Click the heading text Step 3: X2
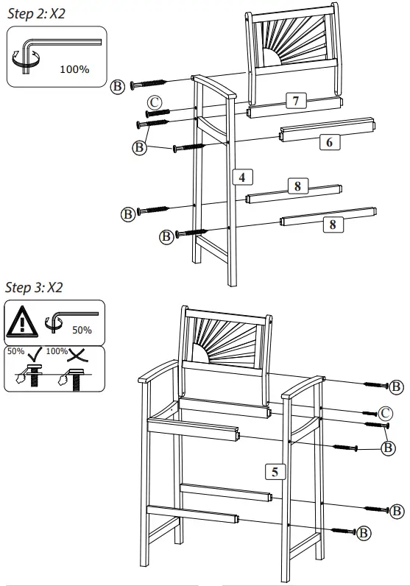34,287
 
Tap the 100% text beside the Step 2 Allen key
74,70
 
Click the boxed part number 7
295,101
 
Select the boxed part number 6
329,143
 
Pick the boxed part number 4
241,176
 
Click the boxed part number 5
275,472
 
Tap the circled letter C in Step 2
154,102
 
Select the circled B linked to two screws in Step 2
138,147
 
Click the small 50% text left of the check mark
15,351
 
